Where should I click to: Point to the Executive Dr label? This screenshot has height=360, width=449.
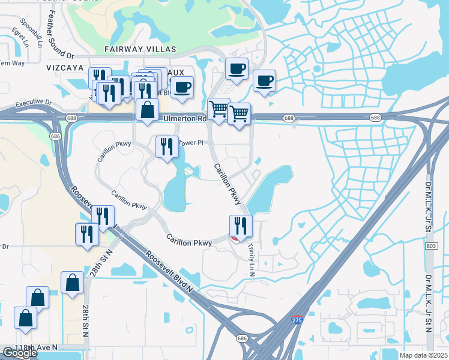click(x=34, y=103)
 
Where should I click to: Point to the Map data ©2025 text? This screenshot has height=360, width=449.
click(x=423, y=355)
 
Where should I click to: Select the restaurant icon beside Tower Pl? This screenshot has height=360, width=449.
click(x=166, y=146)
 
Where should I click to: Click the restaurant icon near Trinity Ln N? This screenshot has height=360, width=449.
click(x=240, y=226)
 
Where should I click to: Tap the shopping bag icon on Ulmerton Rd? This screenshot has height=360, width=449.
click(x=147, y=110)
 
